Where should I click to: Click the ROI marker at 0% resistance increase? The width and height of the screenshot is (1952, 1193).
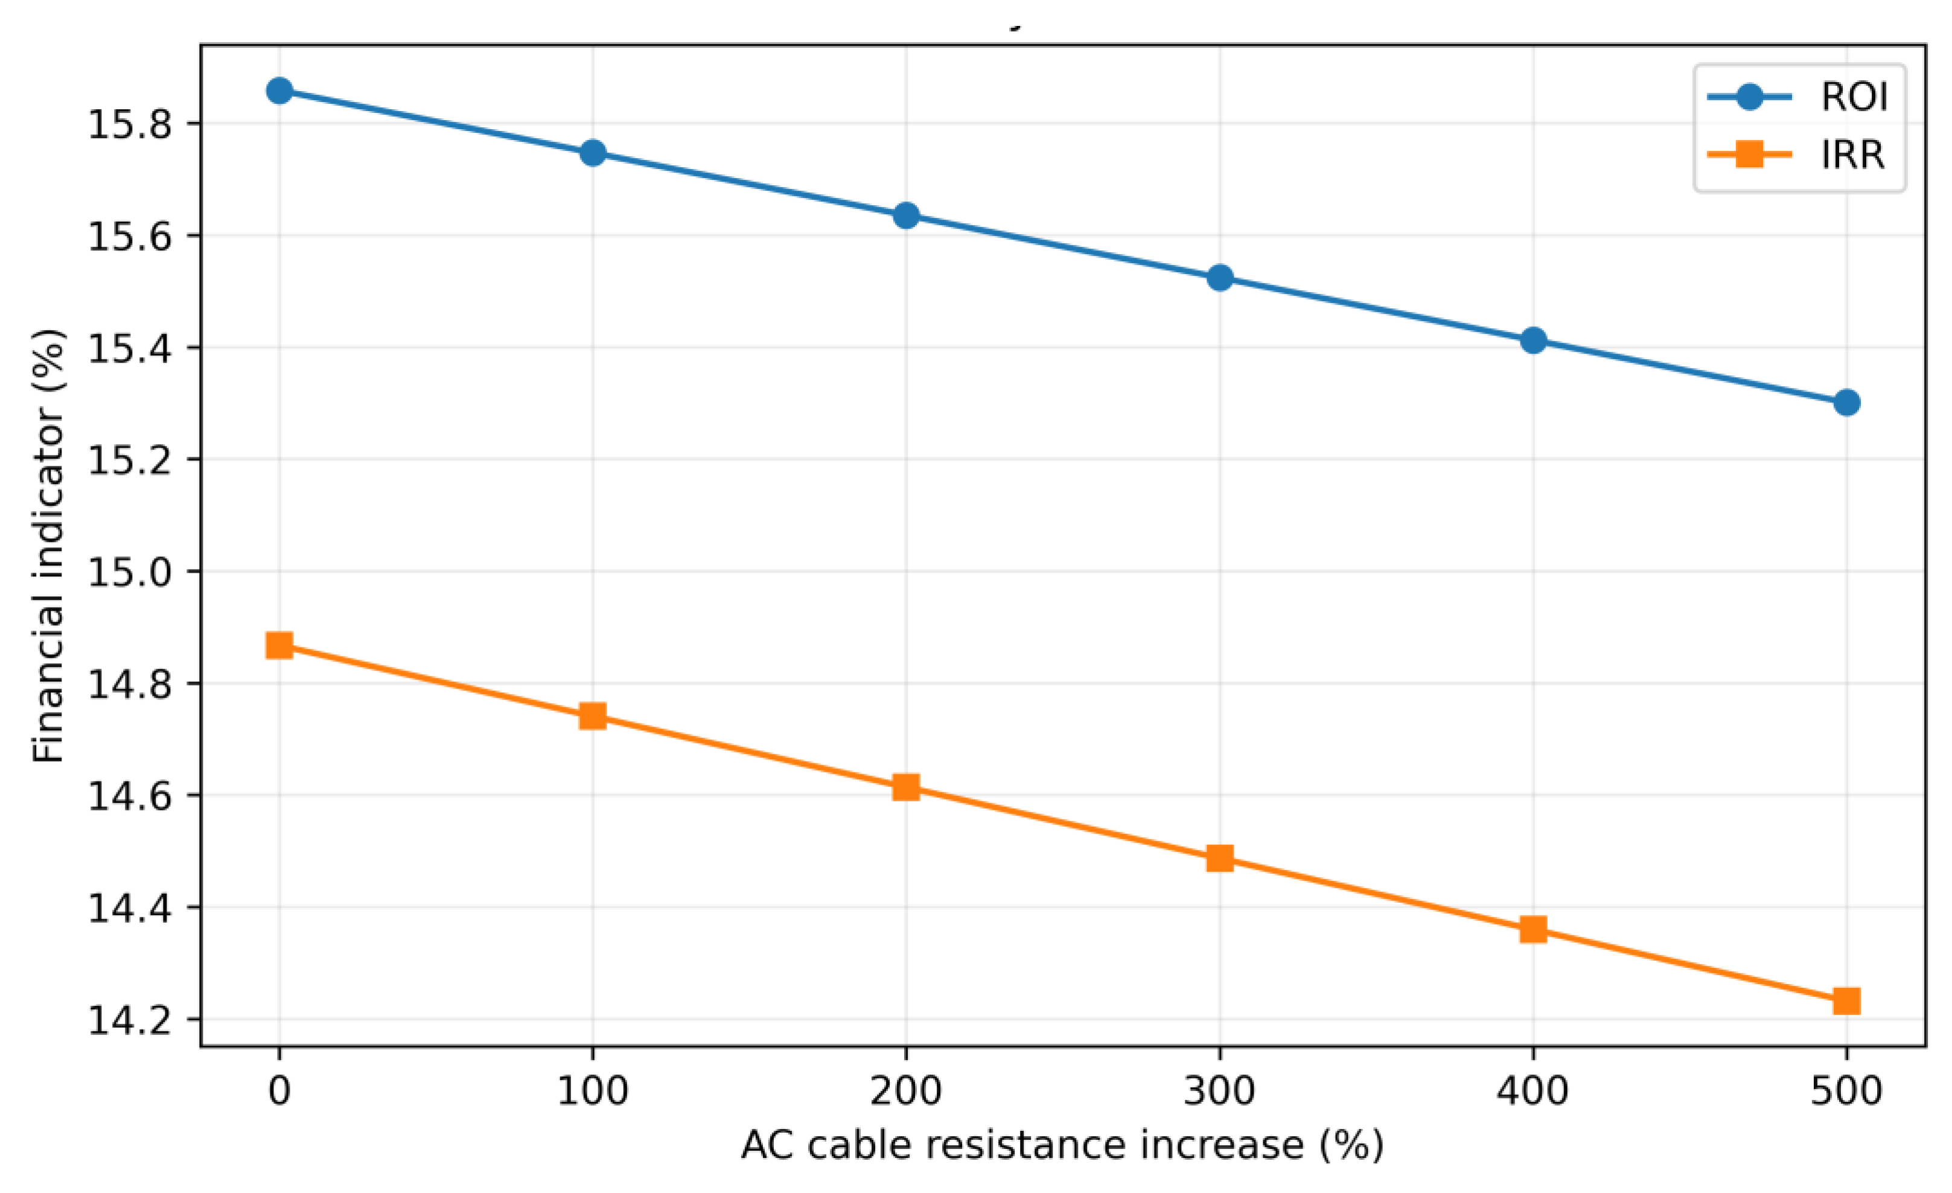pyautogui.click(x=279, y=91)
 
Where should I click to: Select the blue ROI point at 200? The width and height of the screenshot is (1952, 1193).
pyautogui.click(x=905, y=215)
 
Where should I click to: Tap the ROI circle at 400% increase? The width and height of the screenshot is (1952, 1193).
pyautogui.click(x=1533, y=340)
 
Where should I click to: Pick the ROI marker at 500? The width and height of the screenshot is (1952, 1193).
pyautogui.click(x=1846, y=402)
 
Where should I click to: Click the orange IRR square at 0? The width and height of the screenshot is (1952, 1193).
pyautogui.click(x=279, y=646)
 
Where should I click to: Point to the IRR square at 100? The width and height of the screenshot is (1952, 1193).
pyautogui.click(x=593, y=716)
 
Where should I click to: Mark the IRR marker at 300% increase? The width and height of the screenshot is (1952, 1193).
pyautogui.click(x=1219, y=858)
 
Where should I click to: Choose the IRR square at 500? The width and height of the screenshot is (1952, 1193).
pyautogui.click(x=1846, y=1001)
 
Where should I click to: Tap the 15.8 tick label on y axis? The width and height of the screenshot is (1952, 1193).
pyautogui.click(x=130, y=125)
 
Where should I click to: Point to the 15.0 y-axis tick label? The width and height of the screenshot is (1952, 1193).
pyautogui.click(x=130, y=572)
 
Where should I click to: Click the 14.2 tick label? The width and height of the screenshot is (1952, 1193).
pyautogui.click(x=130, y=1020)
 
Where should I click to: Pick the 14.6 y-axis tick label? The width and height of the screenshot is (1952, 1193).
pyautogui.click(x=130, y=796)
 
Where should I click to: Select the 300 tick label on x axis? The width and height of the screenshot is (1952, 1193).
pyautogui.click(x=1219, y=1091)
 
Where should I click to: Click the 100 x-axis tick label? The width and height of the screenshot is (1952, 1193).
pyautogui.click(x=593, y=1091)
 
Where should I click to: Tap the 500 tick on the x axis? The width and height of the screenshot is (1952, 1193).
pyautogui.click(x=1846, y=1091)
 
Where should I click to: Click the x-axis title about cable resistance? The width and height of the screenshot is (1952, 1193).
pyautogui.click(x=1062, y=1145)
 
